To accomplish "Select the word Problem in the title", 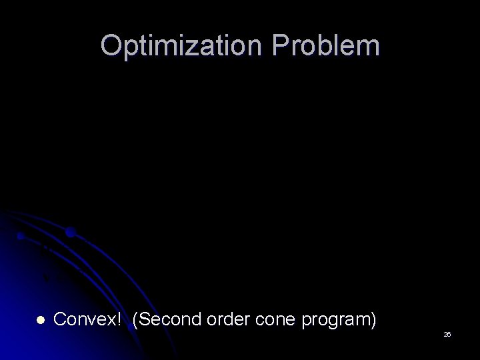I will point(339,46).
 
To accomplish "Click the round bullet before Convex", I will point(39,321).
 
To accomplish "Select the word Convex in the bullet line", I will point(83,321).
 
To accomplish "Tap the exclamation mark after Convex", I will point(119,320).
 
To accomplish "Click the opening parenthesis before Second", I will point(135,321).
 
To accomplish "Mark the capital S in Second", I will point(144,321).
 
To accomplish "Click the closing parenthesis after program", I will point(372,321).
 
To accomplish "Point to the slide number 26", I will point(447,334).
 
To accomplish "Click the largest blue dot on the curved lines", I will point(70,233).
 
